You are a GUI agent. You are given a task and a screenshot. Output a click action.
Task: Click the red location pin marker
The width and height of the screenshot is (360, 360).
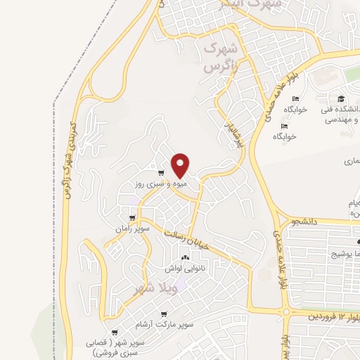click(181, 165)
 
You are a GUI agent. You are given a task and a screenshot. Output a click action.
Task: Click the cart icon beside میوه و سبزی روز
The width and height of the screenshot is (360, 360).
click(161, 173)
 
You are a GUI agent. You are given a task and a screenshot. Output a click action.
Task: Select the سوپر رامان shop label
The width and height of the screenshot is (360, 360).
click(134, 229)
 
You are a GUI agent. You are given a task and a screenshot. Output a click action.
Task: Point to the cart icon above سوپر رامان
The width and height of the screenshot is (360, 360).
click(132, 218)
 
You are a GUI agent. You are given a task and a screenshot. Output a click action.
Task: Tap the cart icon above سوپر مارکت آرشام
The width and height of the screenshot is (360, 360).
click(163, 314)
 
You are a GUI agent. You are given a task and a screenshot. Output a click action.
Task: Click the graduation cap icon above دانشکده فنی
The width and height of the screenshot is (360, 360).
click(341, 98)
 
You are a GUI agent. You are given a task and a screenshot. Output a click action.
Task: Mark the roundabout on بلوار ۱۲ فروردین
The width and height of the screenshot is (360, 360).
click(287, 311)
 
